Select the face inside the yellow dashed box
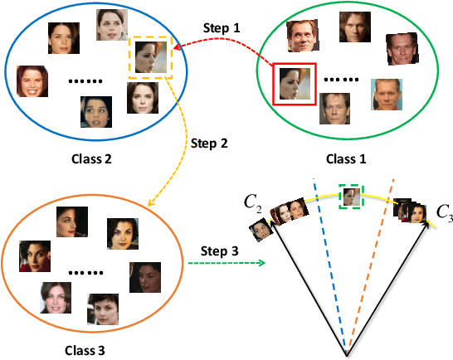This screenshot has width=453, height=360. tap(150, 57)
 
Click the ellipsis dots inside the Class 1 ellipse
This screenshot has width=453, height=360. tap(341, 80)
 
